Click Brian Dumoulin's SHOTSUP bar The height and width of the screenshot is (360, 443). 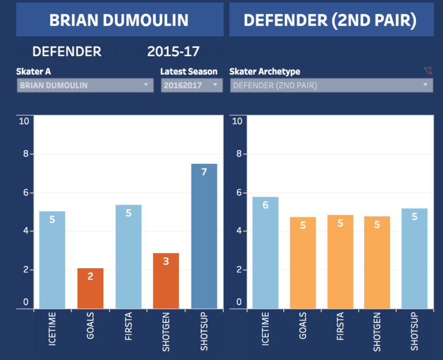point(204,237)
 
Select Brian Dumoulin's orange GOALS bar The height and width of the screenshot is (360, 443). point(90,288)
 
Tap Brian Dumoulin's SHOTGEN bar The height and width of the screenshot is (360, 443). point(166,281)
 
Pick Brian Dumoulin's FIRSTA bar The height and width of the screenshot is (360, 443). point(128,257)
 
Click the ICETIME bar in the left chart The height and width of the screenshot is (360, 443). point(52,260)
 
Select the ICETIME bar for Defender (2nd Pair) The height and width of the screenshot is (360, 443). point(265,253)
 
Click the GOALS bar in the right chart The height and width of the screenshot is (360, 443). point(303,262)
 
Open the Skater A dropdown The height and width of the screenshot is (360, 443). point(85,85)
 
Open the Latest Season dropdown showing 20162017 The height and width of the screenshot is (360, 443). point(191,85)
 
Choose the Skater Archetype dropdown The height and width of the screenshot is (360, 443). point(331,85)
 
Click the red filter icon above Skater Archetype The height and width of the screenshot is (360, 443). point(428,71)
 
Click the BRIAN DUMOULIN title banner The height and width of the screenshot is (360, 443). point(119,20)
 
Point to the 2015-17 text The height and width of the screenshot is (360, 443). point(173,51)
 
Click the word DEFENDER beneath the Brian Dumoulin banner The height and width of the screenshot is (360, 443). point(67,51)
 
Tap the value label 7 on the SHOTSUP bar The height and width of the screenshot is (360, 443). point(204,172)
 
